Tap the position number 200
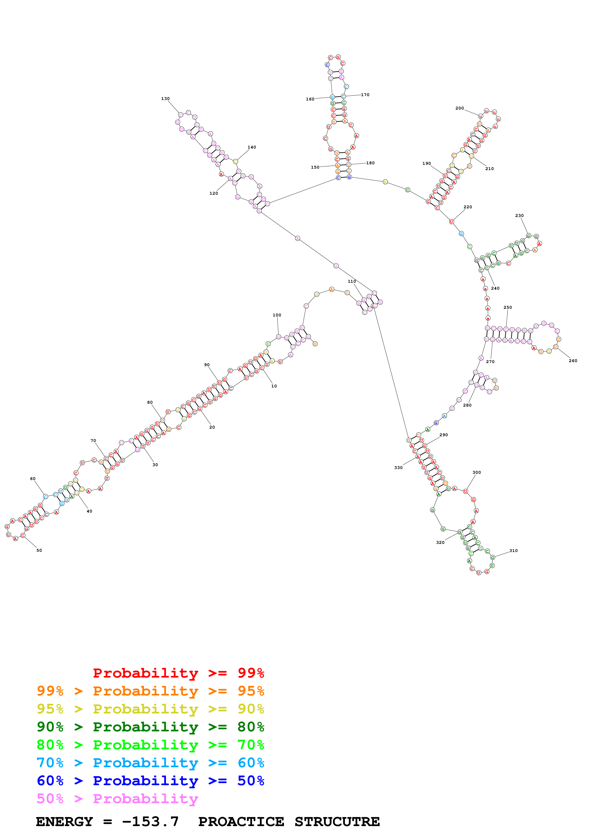(x=459, y=108)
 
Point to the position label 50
(x=39, y=550)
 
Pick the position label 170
(x=365, y=95)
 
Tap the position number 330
(x=398, y=468)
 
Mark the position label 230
(x=519, y=215)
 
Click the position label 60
(x=33, y=479)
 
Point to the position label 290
(x=443, y=435)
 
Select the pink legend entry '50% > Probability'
(x=117, y=799)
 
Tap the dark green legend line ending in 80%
(x=150, y=727)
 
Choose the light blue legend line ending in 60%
(x=150, y=763)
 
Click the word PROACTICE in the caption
(x=241, y=822)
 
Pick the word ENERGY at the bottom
(x=64, y=822)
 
